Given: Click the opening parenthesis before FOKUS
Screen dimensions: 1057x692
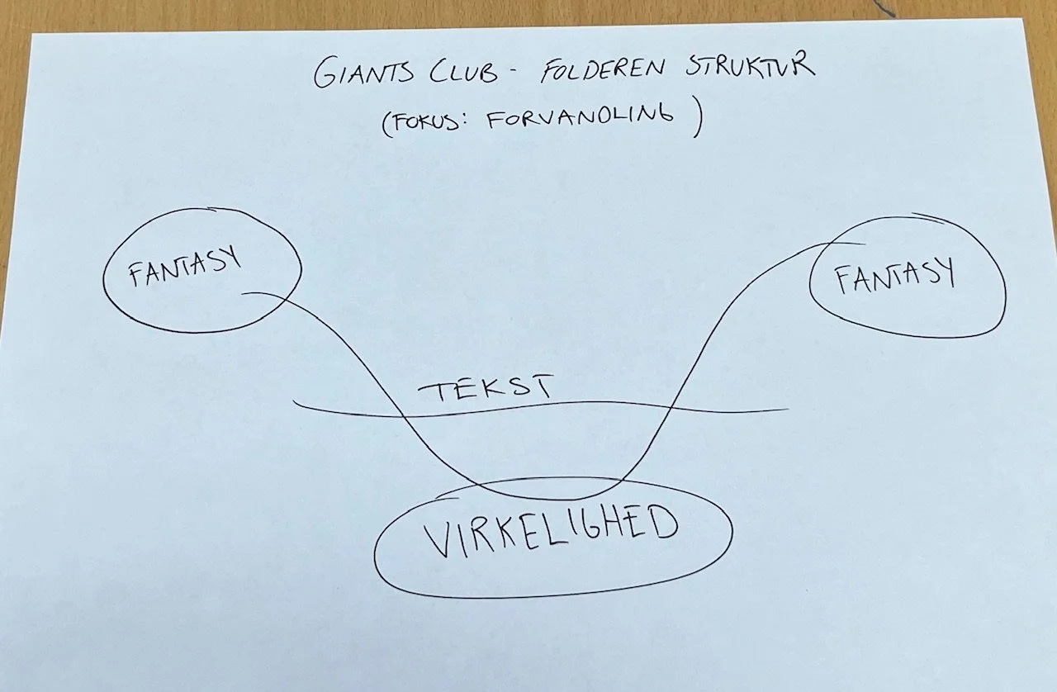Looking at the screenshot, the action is coord(386,124).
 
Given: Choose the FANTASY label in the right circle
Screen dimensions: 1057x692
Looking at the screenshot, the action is coord(894,276).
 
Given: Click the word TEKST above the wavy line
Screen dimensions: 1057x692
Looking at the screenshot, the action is coord(484,389).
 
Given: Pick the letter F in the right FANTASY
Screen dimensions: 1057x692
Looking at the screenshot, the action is coord(842,282).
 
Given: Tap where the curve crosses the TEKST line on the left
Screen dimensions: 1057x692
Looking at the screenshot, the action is coord(403,415).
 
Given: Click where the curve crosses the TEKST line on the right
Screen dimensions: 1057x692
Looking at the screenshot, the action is coord(670,406).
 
